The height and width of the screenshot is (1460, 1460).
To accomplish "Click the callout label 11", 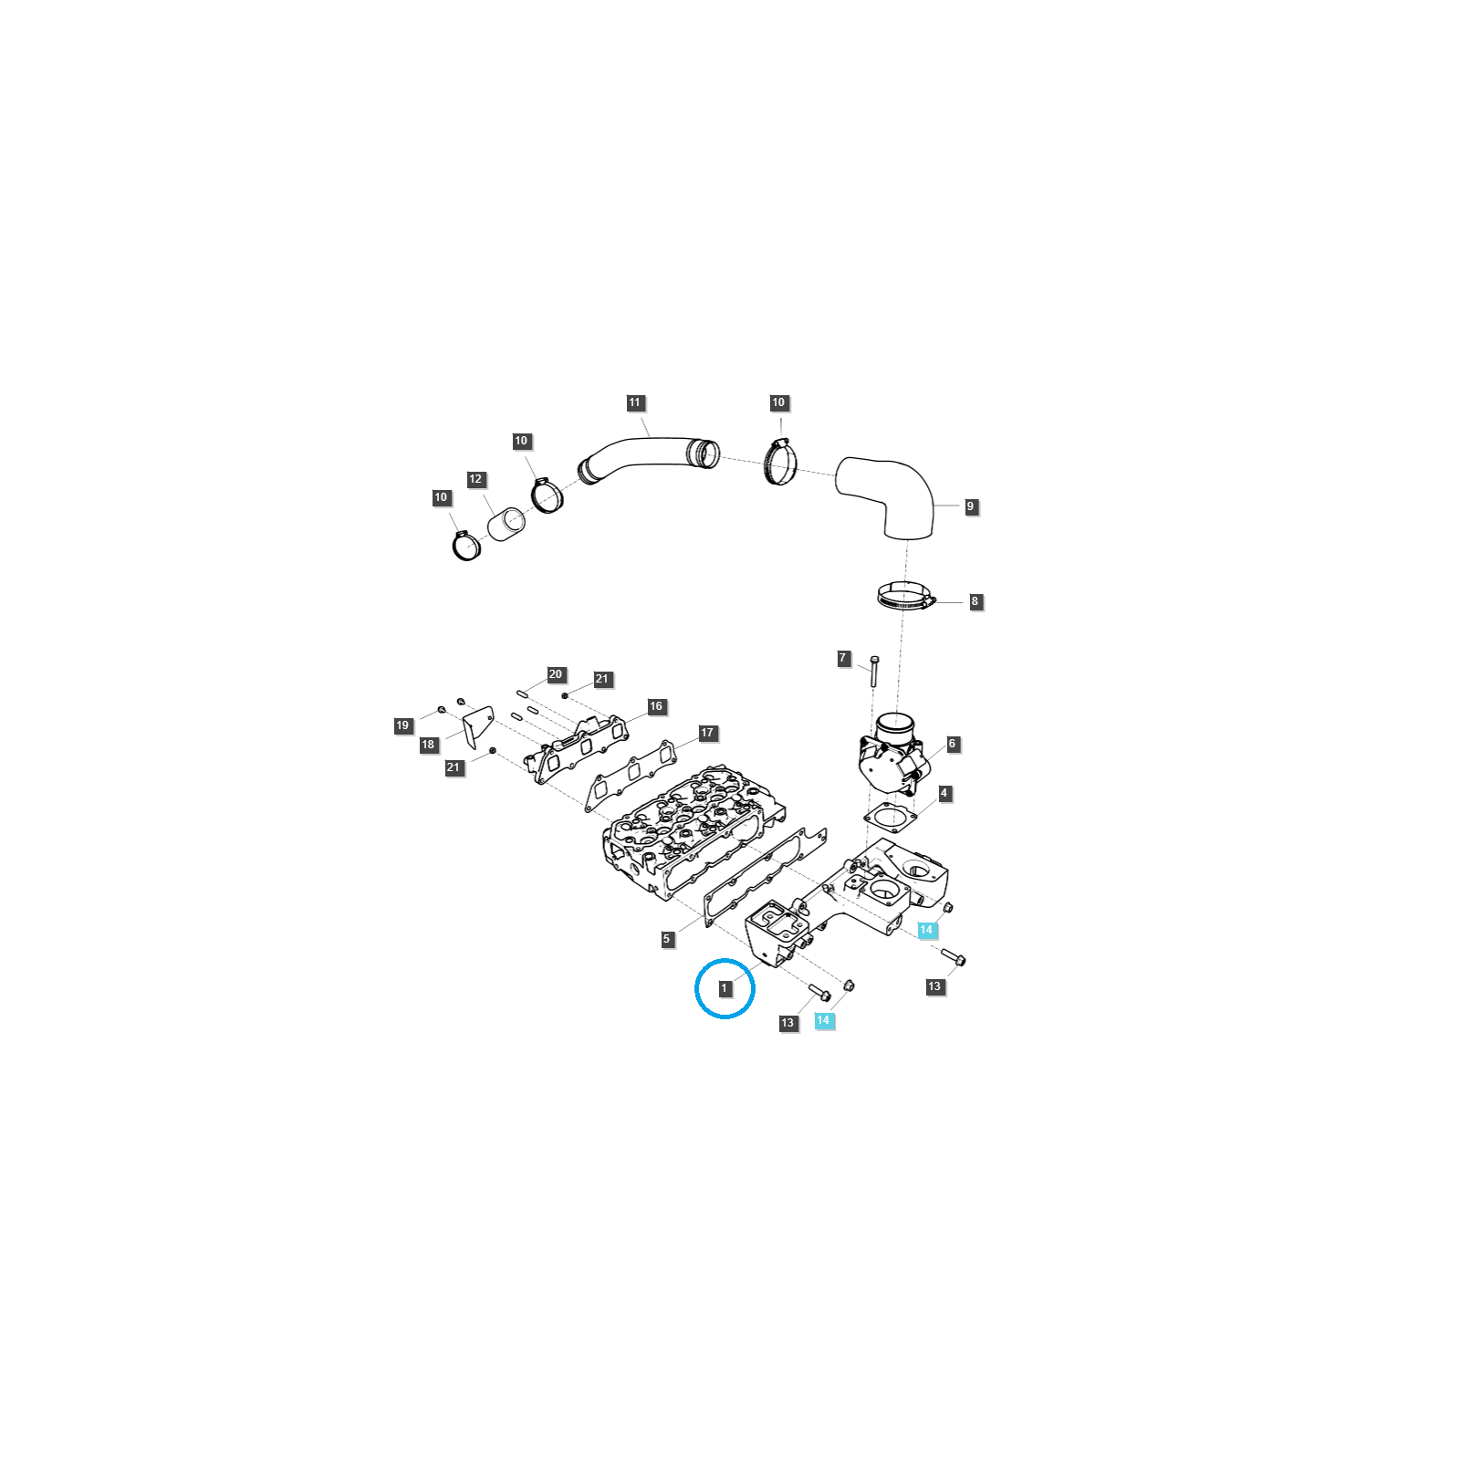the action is [635, 402].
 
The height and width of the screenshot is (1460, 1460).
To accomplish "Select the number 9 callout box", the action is [970, 506].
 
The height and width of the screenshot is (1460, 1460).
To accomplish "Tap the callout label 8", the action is [975, 601].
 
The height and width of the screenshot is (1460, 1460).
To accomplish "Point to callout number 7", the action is [843, 658].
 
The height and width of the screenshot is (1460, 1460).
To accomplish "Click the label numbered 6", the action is [952, 744].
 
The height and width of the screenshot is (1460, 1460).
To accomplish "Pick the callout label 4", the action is [944, 793].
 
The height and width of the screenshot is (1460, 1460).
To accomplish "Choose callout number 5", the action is [667, 939].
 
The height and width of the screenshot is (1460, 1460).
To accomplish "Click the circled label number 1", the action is [725, 988].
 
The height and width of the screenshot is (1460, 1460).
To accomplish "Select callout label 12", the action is [475, 479].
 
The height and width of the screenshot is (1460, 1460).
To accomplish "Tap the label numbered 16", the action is [656, 706].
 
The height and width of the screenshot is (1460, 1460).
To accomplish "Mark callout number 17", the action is [707, 733].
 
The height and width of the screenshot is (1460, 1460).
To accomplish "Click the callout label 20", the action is [556, 674].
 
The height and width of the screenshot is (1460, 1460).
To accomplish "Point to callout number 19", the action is [402, 725].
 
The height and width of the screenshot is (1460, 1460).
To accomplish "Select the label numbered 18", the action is [428, 745].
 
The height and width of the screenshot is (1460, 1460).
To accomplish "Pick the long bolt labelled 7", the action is [874, 672].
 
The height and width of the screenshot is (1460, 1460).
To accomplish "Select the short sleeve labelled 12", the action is [507, 524].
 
